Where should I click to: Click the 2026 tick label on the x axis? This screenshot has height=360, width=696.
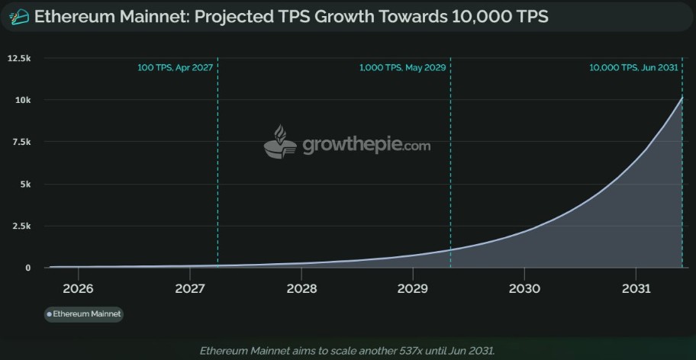click(78, 289)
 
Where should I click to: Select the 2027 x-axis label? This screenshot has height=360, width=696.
click(189, 289)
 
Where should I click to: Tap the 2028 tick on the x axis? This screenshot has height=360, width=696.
click(301, 289)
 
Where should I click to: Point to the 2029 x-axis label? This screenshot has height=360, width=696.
click(413, 289)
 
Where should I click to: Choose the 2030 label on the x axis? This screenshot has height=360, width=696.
click(524, 289)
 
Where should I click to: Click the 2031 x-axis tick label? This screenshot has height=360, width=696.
click(636, 289)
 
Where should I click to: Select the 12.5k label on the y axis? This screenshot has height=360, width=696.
click(18, 58)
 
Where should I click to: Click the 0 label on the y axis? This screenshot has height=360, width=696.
click(27, 268)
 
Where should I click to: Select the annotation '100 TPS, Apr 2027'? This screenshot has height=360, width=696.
click(175, 67)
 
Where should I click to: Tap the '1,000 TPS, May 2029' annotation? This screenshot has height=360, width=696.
click(402, 67)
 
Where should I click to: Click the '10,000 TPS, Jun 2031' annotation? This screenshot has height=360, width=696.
click(633, 67)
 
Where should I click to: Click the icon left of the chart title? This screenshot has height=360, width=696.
click(19, 16)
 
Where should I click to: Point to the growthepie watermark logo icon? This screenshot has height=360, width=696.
click(280, 143)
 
